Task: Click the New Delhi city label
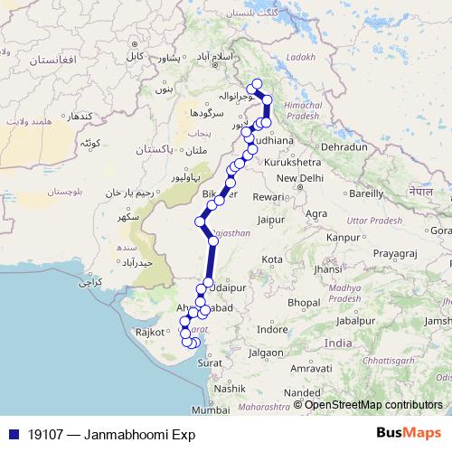click(x=300, y=178)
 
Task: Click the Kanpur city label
click(x=344, y=237)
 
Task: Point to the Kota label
click(x=271, y=259)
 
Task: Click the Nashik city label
click(x=230, y=388)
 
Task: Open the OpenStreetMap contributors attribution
click(x=373, y=404)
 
